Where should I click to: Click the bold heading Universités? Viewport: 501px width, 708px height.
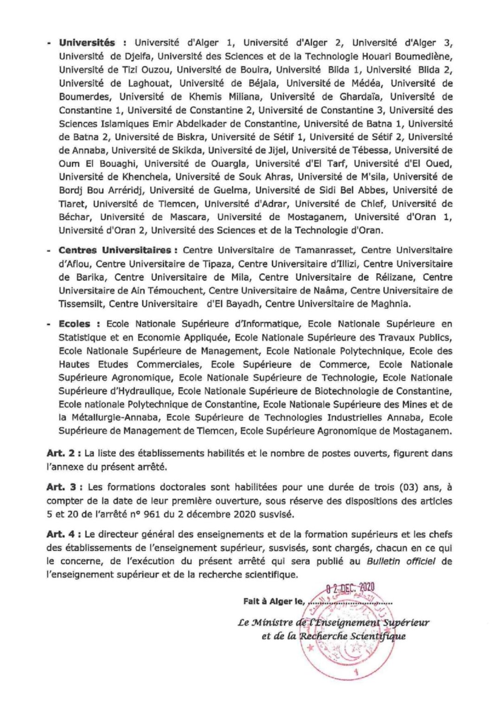coord(87,43)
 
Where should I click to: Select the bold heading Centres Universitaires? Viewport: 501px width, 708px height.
coord(115,250)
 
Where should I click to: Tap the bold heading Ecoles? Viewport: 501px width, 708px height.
coord(74,324)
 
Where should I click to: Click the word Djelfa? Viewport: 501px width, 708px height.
coord(131,57)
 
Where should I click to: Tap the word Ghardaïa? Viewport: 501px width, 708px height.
coord(360,97)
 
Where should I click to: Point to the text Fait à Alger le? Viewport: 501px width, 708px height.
coord(273,602)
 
